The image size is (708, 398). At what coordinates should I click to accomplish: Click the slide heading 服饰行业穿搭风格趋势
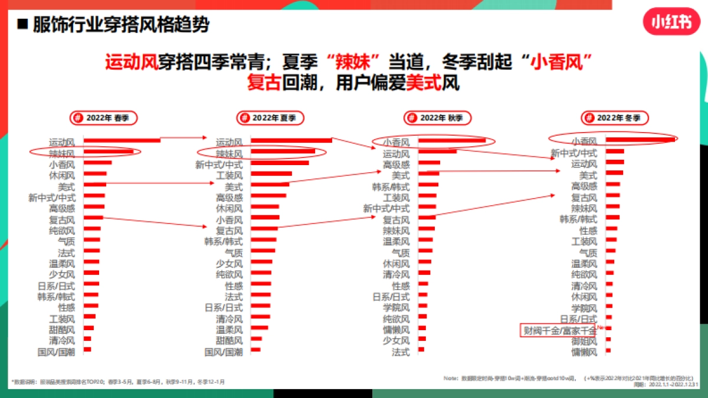tap(112, 25)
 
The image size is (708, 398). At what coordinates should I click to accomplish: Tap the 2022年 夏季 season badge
tap(270, 118)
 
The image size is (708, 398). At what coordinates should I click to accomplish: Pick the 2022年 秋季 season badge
tap(437, 118)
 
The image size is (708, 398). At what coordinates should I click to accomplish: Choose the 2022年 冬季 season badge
tap(614, 118)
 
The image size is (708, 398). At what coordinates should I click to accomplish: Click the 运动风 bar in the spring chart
tap(122, 140)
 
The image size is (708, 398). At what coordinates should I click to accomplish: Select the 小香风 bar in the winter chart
tap(640, 140)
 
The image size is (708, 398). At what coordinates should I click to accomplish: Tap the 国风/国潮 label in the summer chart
tap(224, 352)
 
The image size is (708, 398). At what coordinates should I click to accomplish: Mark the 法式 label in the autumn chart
tap(401, 352)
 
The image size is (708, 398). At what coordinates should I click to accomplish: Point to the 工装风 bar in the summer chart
tap(271, 173)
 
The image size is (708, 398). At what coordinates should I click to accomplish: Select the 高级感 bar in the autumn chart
tap(429, 163)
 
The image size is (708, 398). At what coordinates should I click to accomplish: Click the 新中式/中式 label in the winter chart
tap(574, 153)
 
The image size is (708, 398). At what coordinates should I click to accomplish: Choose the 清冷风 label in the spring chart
tap(62, 341)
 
